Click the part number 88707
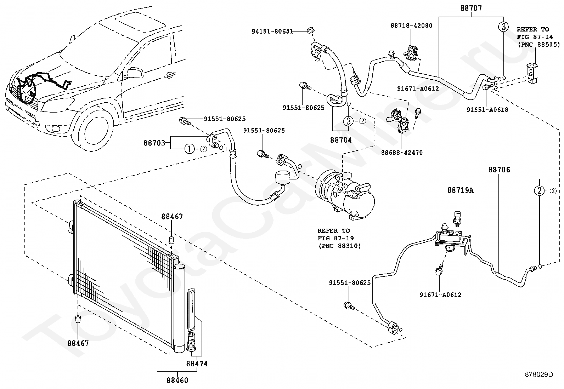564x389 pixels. (471, 8)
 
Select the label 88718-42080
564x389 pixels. (411, 25)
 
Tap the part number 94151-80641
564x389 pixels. (272, 32)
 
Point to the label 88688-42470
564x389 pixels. (402, 153)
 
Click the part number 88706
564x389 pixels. (499, 170)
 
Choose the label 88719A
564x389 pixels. (460, 190)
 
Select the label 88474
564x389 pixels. (197, 364)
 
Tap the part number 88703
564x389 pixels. (154, 143)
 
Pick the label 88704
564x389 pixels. (341, 140)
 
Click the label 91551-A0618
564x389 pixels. (487, 110)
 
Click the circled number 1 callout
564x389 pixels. (190, 149)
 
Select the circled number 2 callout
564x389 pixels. (539, 190)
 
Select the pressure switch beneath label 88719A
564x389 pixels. (457, 217)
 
